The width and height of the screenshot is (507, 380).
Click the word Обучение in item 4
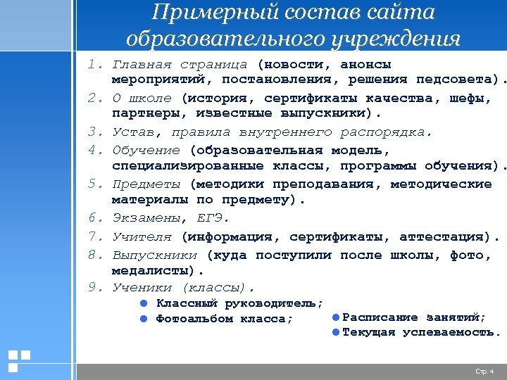(x=146, y=150)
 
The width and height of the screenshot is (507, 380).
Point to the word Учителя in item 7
(x=142, y=236)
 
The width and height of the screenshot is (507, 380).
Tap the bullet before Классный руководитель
(x=142, y=304)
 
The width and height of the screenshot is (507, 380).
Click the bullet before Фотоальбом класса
(x=142, y=319)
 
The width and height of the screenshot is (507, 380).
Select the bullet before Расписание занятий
(x=336, y=317)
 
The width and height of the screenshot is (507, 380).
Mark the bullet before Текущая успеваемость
(x=336, y=332)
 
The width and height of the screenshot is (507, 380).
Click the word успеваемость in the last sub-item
(x=451, y=332)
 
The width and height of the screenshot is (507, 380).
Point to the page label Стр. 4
(x=484, y=371)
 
